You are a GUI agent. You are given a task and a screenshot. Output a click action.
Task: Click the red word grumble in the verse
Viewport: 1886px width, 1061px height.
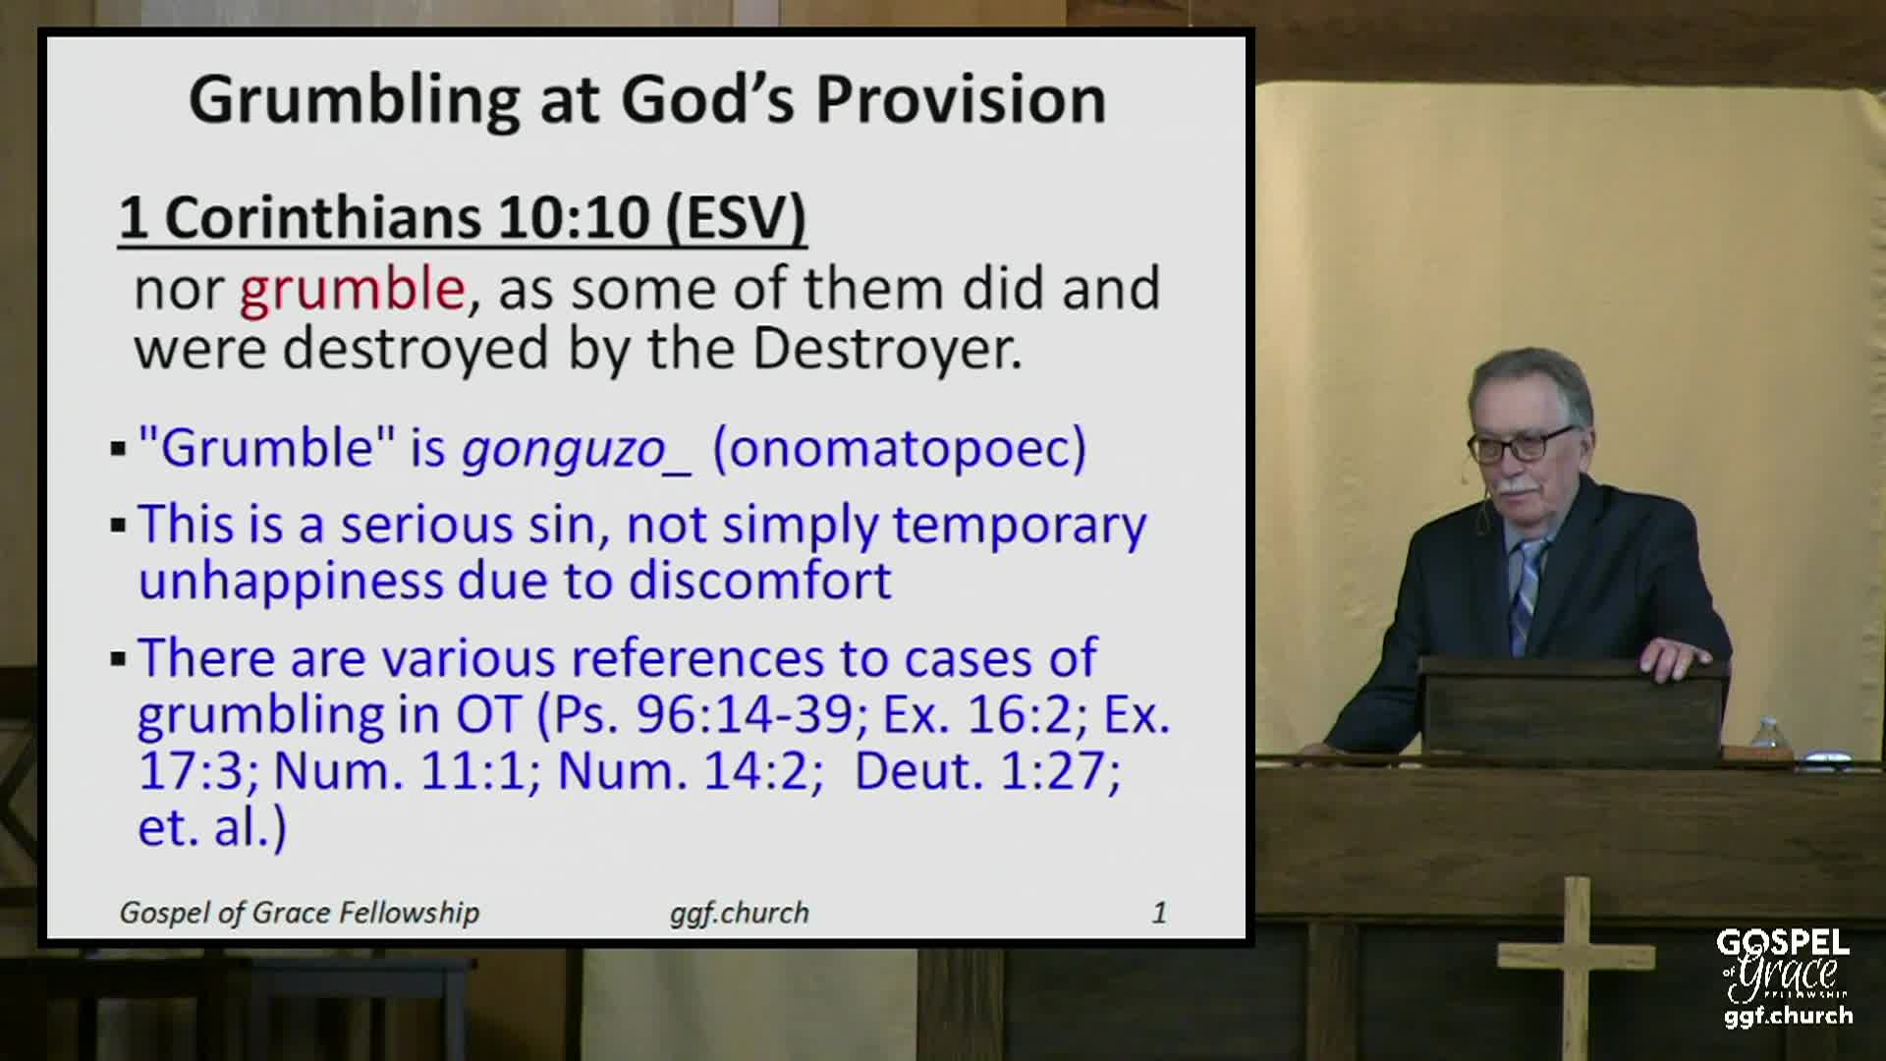[x=353, y=289]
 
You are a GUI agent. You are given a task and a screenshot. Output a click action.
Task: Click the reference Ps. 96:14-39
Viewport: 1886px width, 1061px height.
[x=703, y=714]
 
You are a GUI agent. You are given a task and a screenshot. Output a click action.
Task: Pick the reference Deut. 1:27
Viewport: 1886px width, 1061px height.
[x=987, y=770]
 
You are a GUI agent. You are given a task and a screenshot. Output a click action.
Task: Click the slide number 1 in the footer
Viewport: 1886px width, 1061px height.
[x=1159, y=913]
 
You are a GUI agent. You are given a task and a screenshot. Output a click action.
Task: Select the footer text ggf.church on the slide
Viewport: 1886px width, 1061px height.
[x=740, y=914]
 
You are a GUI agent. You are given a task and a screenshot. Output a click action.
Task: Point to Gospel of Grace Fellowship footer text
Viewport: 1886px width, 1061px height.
[x=300, y=914]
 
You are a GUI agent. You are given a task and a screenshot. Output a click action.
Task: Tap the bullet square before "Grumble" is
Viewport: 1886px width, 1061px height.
[x=119, y=451]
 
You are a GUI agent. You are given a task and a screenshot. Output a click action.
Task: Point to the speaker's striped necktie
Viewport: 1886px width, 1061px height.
[x=1525, y=595]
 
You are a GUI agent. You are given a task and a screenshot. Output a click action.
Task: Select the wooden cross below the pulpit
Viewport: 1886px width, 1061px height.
[x=1575, y=968]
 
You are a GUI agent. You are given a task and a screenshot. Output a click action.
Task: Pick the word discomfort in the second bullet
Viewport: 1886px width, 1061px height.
[x=761, y=581]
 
